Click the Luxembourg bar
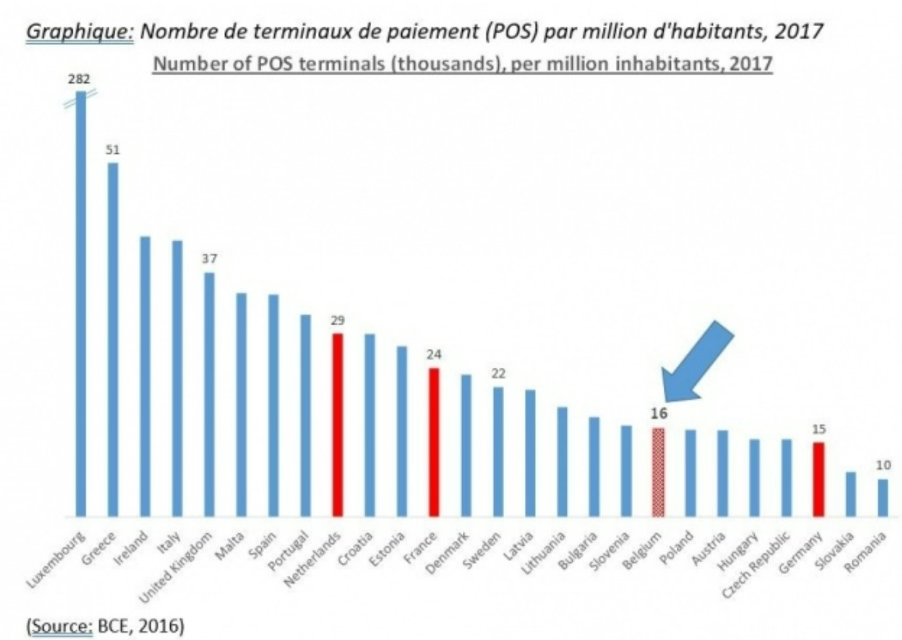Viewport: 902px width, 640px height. coord(81,308)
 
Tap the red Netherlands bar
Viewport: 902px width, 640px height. coord(338,425)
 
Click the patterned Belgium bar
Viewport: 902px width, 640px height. coord(658,472)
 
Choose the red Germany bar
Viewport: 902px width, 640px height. coord(818,479)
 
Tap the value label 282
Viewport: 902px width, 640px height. coord(79,79)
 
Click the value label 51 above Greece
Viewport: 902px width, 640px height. coord(113,150)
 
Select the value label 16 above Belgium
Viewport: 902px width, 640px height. coord(658,414)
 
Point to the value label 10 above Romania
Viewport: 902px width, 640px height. coord(883,465)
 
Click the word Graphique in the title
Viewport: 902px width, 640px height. coord(79,31)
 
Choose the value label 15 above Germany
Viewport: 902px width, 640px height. coord(819,429)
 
